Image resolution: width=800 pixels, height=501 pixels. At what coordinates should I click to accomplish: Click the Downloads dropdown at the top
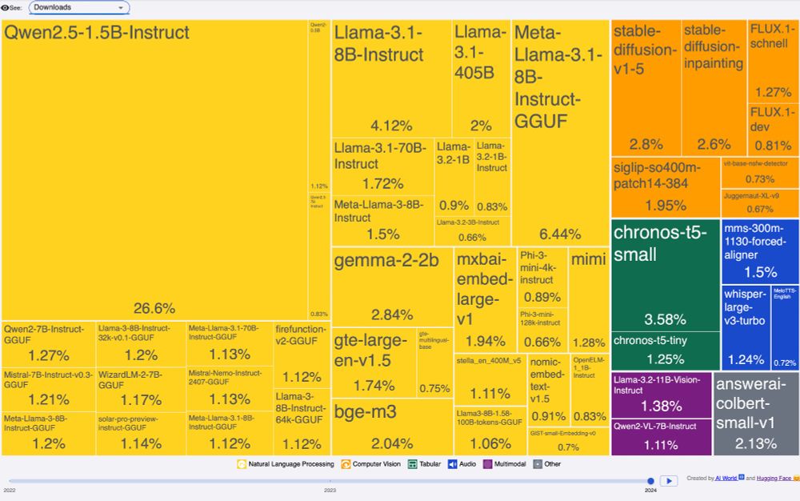coord(79,7)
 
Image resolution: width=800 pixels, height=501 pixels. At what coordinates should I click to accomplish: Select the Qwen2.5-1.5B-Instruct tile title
coord(97,33)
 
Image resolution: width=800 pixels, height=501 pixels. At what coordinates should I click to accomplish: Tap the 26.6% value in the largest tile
coord(154,308)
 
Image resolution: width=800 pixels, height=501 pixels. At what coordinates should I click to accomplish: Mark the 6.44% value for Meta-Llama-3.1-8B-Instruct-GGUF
coord(559,234)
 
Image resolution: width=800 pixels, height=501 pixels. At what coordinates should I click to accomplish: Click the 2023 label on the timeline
coord(330,489)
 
